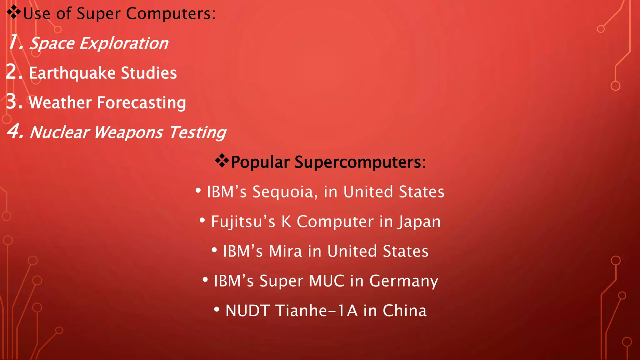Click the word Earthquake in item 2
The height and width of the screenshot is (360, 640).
72,73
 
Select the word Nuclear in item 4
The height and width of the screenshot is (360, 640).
59,132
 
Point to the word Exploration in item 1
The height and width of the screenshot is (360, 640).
124,43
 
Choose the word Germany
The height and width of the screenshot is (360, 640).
404,281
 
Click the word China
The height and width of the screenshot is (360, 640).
405,311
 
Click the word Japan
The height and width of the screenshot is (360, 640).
419,222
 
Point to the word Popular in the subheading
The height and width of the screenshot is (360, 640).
260,162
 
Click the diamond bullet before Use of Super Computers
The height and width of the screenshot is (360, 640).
13,12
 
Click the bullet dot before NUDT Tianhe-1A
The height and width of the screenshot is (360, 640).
217,310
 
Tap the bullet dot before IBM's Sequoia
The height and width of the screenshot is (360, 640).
198,190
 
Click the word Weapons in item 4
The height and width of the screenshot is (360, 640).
128,132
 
